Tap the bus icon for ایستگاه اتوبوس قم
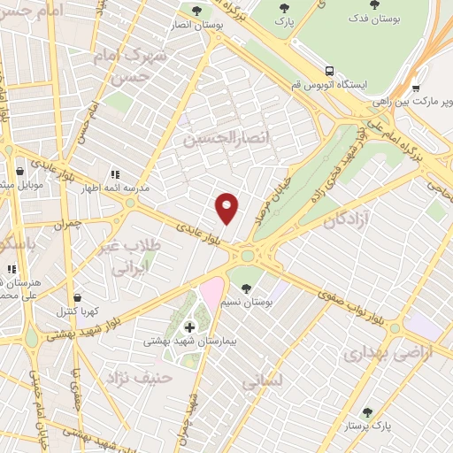(329, 71)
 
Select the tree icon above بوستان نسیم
(247, 288)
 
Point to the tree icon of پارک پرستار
(367, 412)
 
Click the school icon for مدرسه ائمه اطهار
(114, 175)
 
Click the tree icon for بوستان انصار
(196, 11)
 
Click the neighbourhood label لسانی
(262, 380)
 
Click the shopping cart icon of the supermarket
(415, 88)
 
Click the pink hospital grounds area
(211, 293)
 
